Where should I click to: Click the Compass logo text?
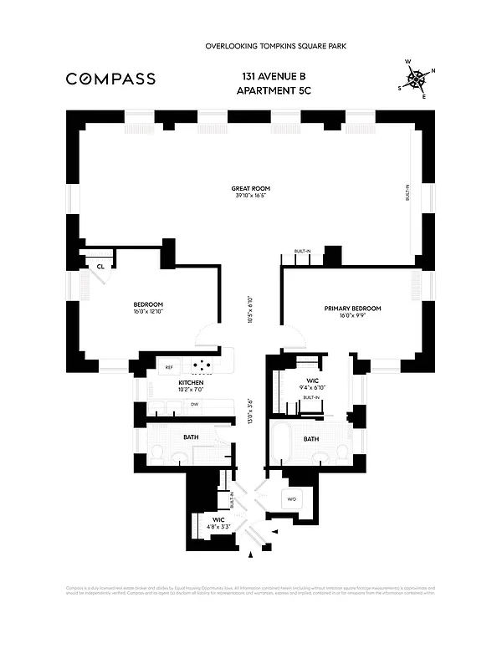tap(110, 79)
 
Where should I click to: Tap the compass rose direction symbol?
tap(415, 79)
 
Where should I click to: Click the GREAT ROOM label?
tap(251, 189)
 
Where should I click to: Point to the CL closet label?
tap(100, 267)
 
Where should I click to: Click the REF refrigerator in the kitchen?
tap(168, 367)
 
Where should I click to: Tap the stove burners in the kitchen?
tap(202, 365)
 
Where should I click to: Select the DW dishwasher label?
tap(194, 404)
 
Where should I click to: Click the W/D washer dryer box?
tap(292, 499)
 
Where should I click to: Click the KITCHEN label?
tap(192, 382)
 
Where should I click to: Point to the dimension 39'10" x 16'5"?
tap(251, 197)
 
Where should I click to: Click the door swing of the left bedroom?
tap(206, 336)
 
